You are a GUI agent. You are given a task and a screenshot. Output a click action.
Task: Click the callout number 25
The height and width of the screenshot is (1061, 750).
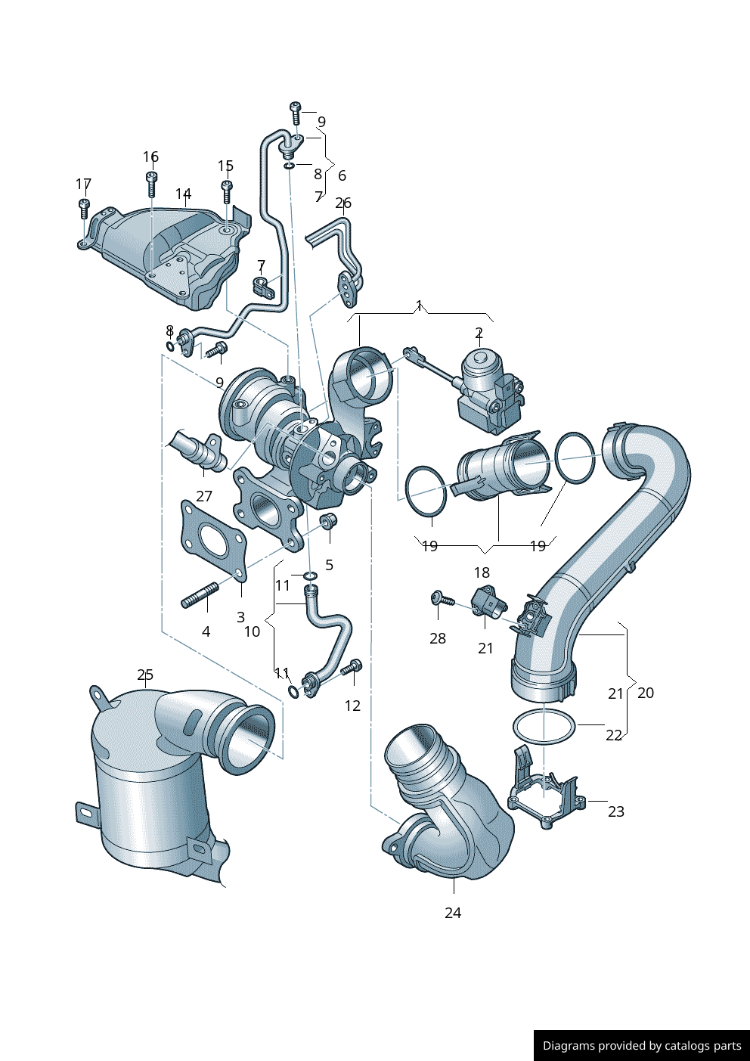(x=145, y=675)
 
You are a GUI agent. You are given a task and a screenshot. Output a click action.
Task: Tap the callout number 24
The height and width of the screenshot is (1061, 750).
(x=453, y=913)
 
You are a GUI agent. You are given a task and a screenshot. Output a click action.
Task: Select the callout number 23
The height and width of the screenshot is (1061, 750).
(x=616, y=811)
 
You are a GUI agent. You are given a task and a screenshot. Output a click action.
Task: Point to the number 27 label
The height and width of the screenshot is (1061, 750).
(x=204, y=496)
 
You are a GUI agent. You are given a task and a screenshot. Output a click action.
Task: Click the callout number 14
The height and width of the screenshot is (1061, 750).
(x=183, y=194)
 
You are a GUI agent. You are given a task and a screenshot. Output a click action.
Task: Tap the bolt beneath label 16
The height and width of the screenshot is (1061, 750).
(x=151, y=183)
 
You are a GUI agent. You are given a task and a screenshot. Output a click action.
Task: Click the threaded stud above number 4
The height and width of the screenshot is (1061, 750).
(x=200, y=594)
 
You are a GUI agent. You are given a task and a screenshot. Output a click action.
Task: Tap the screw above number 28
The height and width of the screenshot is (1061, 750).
(x=442, y=599)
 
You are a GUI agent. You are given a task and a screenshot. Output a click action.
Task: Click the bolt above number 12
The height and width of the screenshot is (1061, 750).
(x=352, y=668)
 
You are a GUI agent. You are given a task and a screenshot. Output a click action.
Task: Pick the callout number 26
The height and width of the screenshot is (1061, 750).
(x=343, y=203)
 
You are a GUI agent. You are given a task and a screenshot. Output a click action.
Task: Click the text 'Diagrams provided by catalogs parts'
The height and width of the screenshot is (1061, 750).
(x=641, y=1046)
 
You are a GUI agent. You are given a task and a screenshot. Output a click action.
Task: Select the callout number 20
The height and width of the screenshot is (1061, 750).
(x=646, y=693)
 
